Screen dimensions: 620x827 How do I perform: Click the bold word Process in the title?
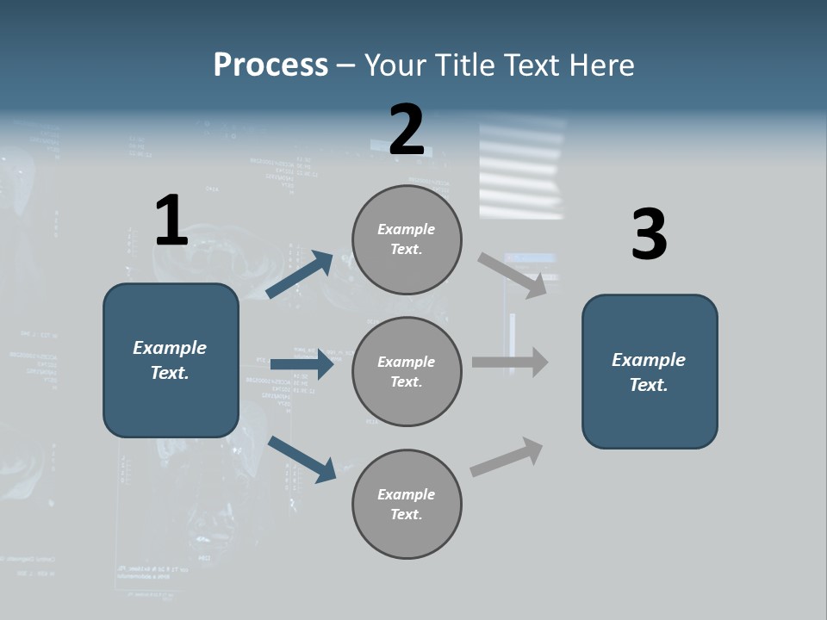[x=270, y=65]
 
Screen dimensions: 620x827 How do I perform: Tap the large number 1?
[x=171, y=220]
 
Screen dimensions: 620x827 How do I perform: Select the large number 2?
[x=407, y=130]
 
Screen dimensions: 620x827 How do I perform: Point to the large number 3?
[x=649, y=235]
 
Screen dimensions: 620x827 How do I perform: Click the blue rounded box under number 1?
[x=171, y=360]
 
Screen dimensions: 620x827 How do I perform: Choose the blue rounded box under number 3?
[x=650, y=371]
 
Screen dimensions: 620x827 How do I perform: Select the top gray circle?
[x=407, y=239]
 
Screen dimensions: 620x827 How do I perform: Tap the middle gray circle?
[x=407, y=371]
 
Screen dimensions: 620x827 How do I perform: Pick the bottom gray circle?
[x=407, y=504]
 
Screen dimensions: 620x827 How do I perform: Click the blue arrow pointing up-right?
[x=300, y=274]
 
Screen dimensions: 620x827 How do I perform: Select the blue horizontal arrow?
[x=302, y=364]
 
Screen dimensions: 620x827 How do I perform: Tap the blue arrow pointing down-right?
[x=302, y=459]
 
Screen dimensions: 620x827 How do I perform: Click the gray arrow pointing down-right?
[x=513, y=276]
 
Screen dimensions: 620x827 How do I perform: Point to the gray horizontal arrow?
[x=510, y=362]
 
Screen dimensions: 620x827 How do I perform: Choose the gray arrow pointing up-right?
[x=507, y=457]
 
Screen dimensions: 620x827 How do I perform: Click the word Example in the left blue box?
[x=170, y=348]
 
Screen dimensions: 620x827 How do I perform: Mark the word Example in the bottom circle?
[x=406, y=494]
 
